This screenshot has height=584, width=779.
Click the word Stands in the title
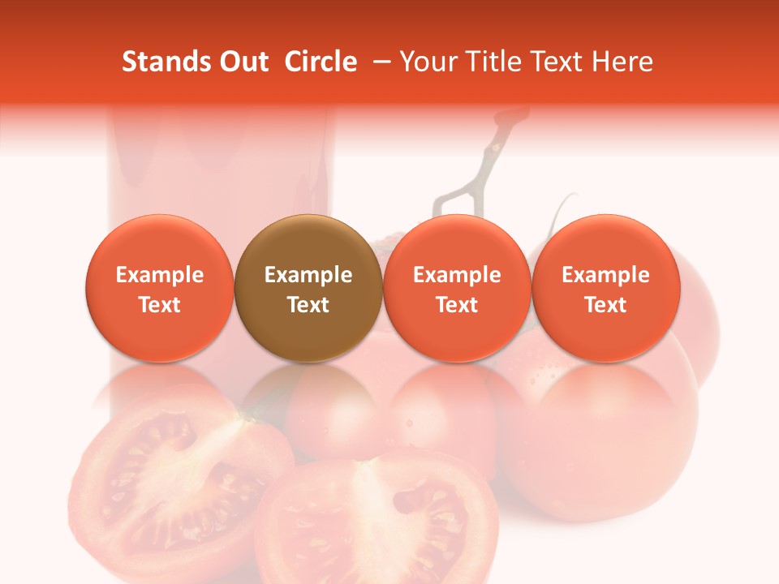tap(165, 62)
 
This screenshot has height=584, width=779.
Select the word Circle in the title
tap(321, 62)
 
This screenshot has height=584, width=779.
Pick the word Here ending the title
tap(622, 62)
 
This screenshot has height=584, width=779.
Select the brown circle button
tap(308, 288)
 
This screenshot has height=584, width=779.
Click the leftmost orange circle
tap(160, 288)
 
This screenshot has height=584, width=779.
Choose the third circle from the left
tap(457, 288)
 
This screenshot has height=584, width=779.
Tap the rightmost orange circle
tap(605, 288)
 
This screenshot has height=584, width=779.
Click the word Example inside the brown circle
tap(308, 275)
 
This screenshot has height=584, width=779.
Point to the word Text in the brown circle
tap(308, 305)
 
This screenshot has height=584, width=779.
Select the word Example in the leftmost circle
tap(160, 275)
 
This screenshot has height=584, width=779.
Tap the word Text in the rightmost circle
tap(605, 305)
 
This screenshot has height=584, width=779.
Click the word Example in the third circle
tap(457, 275)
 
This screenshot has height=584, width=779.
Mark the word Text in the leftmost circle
tap(160, 305)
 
